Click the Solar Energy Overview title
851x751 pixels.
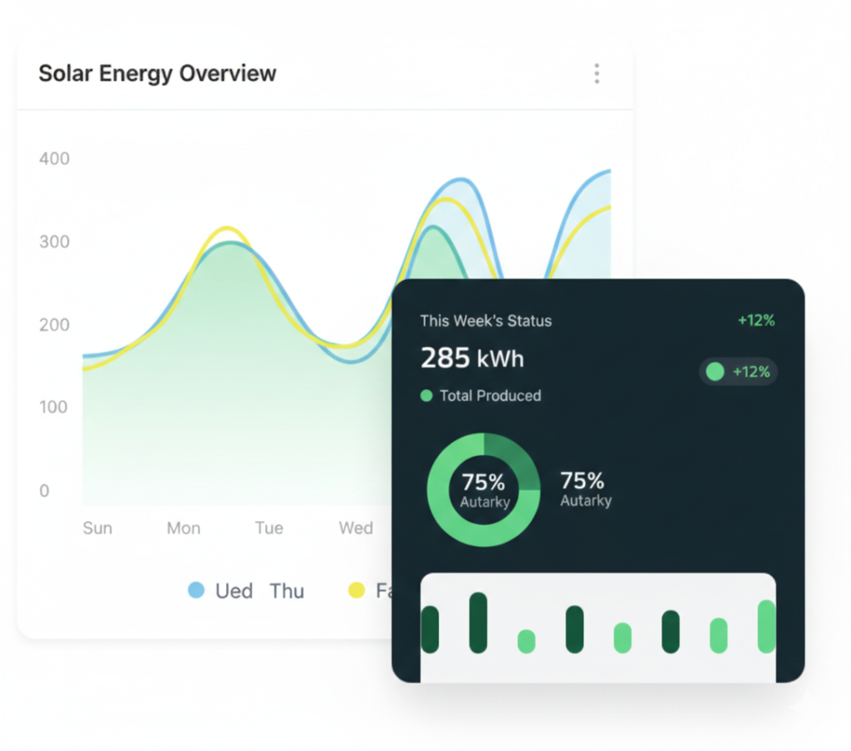[157, 73]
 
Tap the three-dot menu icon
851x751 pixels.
[597, 74]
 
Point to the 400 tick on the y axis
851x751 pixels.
[54, 159]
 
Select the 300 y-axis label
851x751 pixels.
[54, 242]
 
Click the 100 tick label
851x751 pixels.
[54, 407]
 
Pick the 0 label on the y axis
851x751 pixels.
[44, 490]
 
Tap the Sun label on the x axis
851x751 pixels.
[97, 528]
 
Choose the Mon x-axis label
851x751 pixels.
[184, 528]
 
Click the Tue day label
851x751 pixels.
[269, 528]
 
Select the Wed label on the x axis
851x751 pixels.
[356, 528]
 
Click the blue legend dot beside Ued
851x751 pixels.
[196, 591]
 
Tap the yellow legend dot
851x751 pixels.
[357, 591]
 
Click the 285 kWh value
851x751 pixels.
[472, 358]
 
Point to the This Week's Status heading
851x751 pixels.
[485, 321]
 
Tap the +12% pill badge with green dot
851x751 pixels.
[739, 371]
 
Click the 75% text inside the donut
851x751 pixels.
[483, 482]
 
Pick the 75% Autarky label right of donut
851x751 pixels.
[585, 488]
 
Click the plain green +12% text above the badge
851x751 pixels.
[755, 321]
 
